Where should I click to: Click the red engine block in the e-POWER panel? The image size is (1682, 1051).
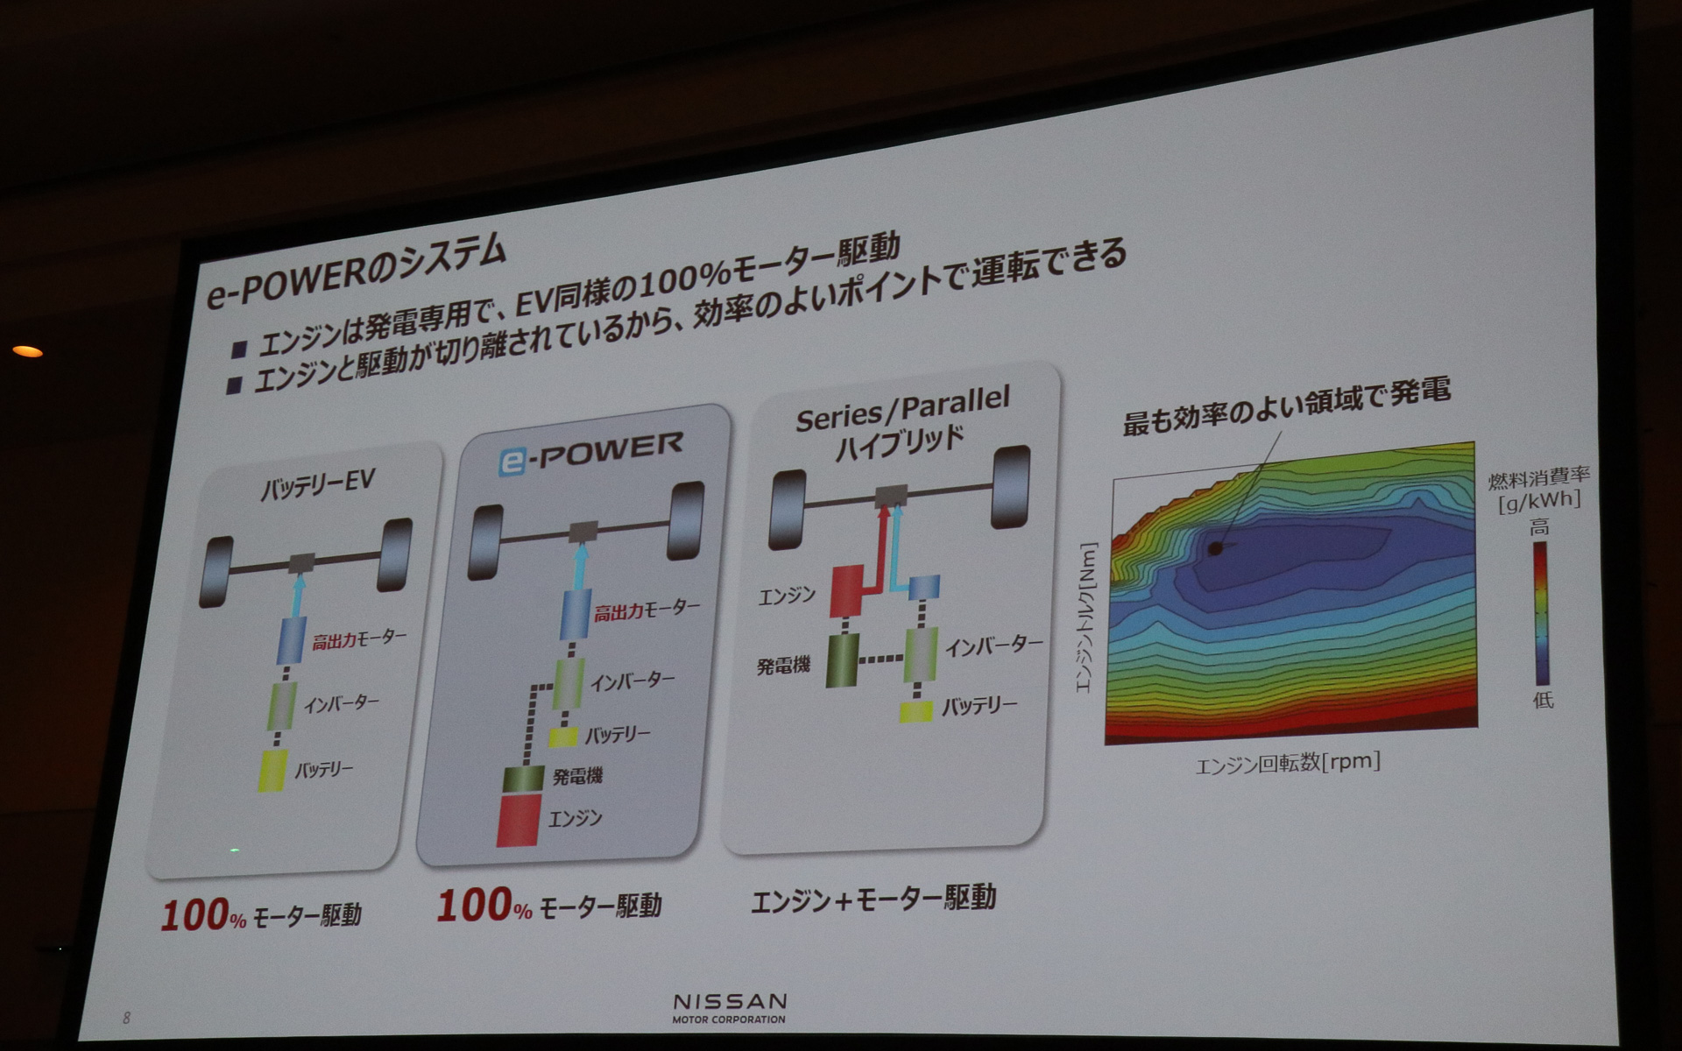point(519,821)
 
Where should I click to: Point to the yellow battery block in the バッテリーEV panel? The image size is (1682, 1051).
point(272,771)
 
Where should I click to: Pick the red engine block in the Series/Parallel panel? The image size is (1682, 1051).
point(848,591)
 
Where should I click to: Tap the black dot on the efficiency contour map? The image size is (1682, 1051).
point(1214,549)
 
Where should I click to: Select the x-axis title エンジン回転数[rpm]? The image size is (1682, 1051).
point(1288,763)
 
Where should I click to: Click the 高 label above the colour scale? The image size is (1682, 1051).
point(1539,527)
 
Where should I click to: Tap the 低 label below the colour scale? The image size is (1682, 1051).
point(1542,700)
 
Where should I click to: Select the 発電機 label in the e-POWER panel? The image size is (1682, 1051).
point(577,776)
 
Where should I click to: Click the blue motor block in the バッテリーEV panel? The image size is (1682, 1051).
point(290,639)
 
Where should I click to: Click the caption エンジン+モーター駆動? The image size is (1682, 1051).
point(873,899)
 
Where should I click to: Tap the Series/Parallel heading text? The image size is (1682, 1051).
point(902,410)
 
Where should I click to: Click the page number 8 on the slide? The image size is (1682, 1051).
point(127,1018)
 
